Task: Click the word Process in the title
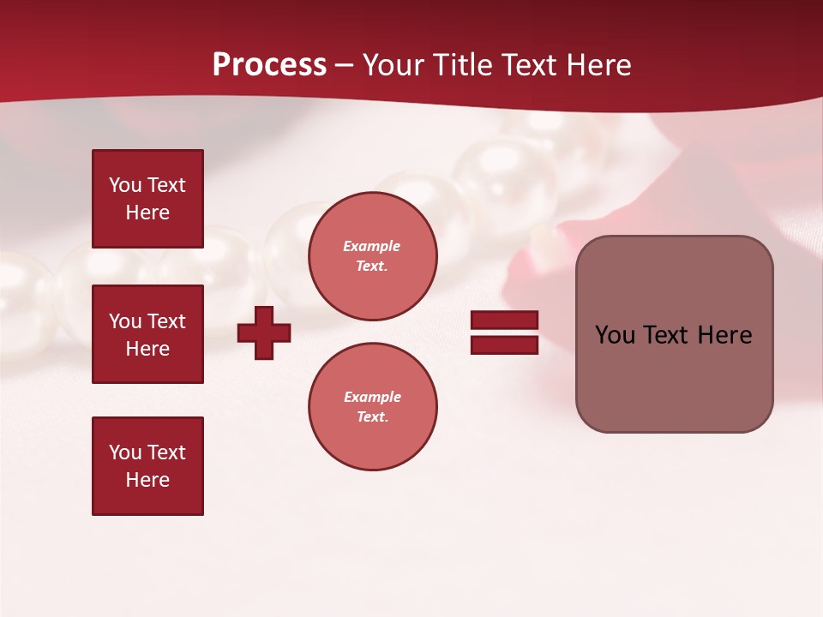click(x=269, y=65)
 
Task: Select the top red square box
click(x=147, y=199)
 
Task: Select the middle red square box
click(x=147, y=334)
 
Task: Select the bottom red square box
click(x=147, y=466)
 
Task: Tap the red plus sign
click(x=264, y=332)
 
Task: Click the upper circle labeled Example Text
click(x=372, y=256)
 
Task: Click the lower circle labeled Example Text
click(x=372, y=407)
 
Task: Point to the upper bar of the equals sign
click(x=504, y=320)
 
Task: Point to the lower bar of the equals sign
click(x=504, y=344)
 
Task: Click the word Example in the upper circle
click(x=371, y=246)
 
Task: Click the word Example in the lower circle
click(x=371, y=397)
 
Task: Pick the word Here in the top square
click(x=147, y=213)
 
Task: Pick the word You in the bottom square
click(x=125, y=452)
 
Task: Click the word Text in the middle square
click(x=166, y=321)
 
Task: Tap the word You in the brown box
click(x=615, y=335)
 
